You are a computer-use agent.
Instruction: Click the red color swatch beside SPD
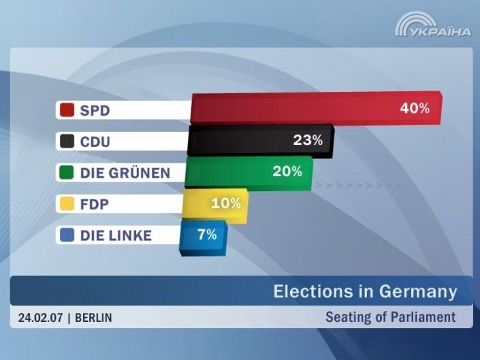[67, 110]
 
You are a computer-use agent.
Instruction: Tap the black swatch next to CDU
[67, 142]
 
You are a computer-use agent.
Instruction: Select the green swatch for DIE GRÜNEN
[67, 173]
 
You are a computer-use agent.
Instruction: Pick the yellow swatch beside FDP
[67, 204]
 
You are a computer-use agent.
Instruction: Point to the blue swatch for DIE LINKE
[67, 235]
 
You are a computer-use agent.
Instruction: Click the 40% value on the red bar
[415, 108]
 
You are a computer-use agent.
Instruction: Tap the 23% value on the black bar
[307, 140]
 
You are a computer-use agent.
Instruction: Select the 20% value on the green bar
[287, 171]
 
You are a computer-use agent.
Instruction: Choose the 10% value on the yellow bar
[226, 203]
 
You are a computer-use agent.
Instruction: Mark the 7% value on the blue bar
[207, 234]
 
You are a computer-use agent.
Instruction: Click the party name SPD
[95, 110]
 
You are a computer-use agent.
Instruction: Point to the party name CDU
[95, 142]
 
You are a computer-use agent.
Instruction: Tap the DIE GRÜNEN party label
[125, 173]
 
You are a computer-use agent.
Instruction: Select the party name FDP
[95, 204]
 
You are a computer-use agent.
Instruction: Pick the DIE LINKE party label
[116, 235]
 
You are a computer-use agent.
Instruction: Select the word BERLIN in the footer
[93, 317]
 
